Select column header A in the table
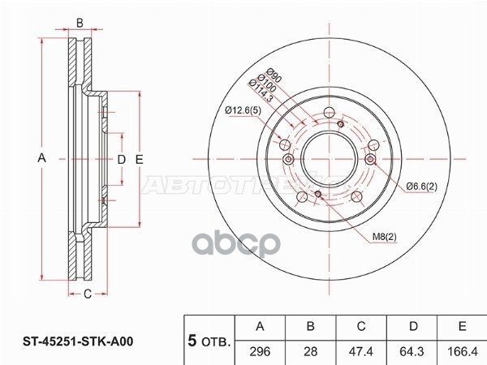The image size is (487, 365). [x=261, y=327]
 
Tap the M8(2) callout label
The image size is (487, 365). [x=385, y=237]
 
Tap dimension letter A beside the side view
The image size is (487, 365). [x=41, y=160]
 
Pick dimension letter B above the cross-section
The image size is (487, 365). [x=80, y=22]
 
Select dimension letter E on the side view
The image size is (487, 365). [x=139, y=160]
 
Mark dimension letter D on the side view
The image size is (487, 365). [x=120, y=160]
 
